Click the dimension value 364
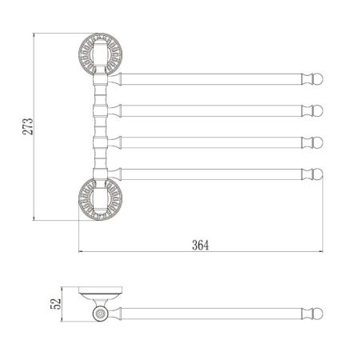(200, 246)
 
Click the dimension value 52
(54, 305)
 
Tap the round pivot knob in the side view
(102, 315)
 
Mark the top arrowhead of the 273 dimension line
(34, 37)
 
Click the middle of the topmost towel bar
(212, 78)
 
